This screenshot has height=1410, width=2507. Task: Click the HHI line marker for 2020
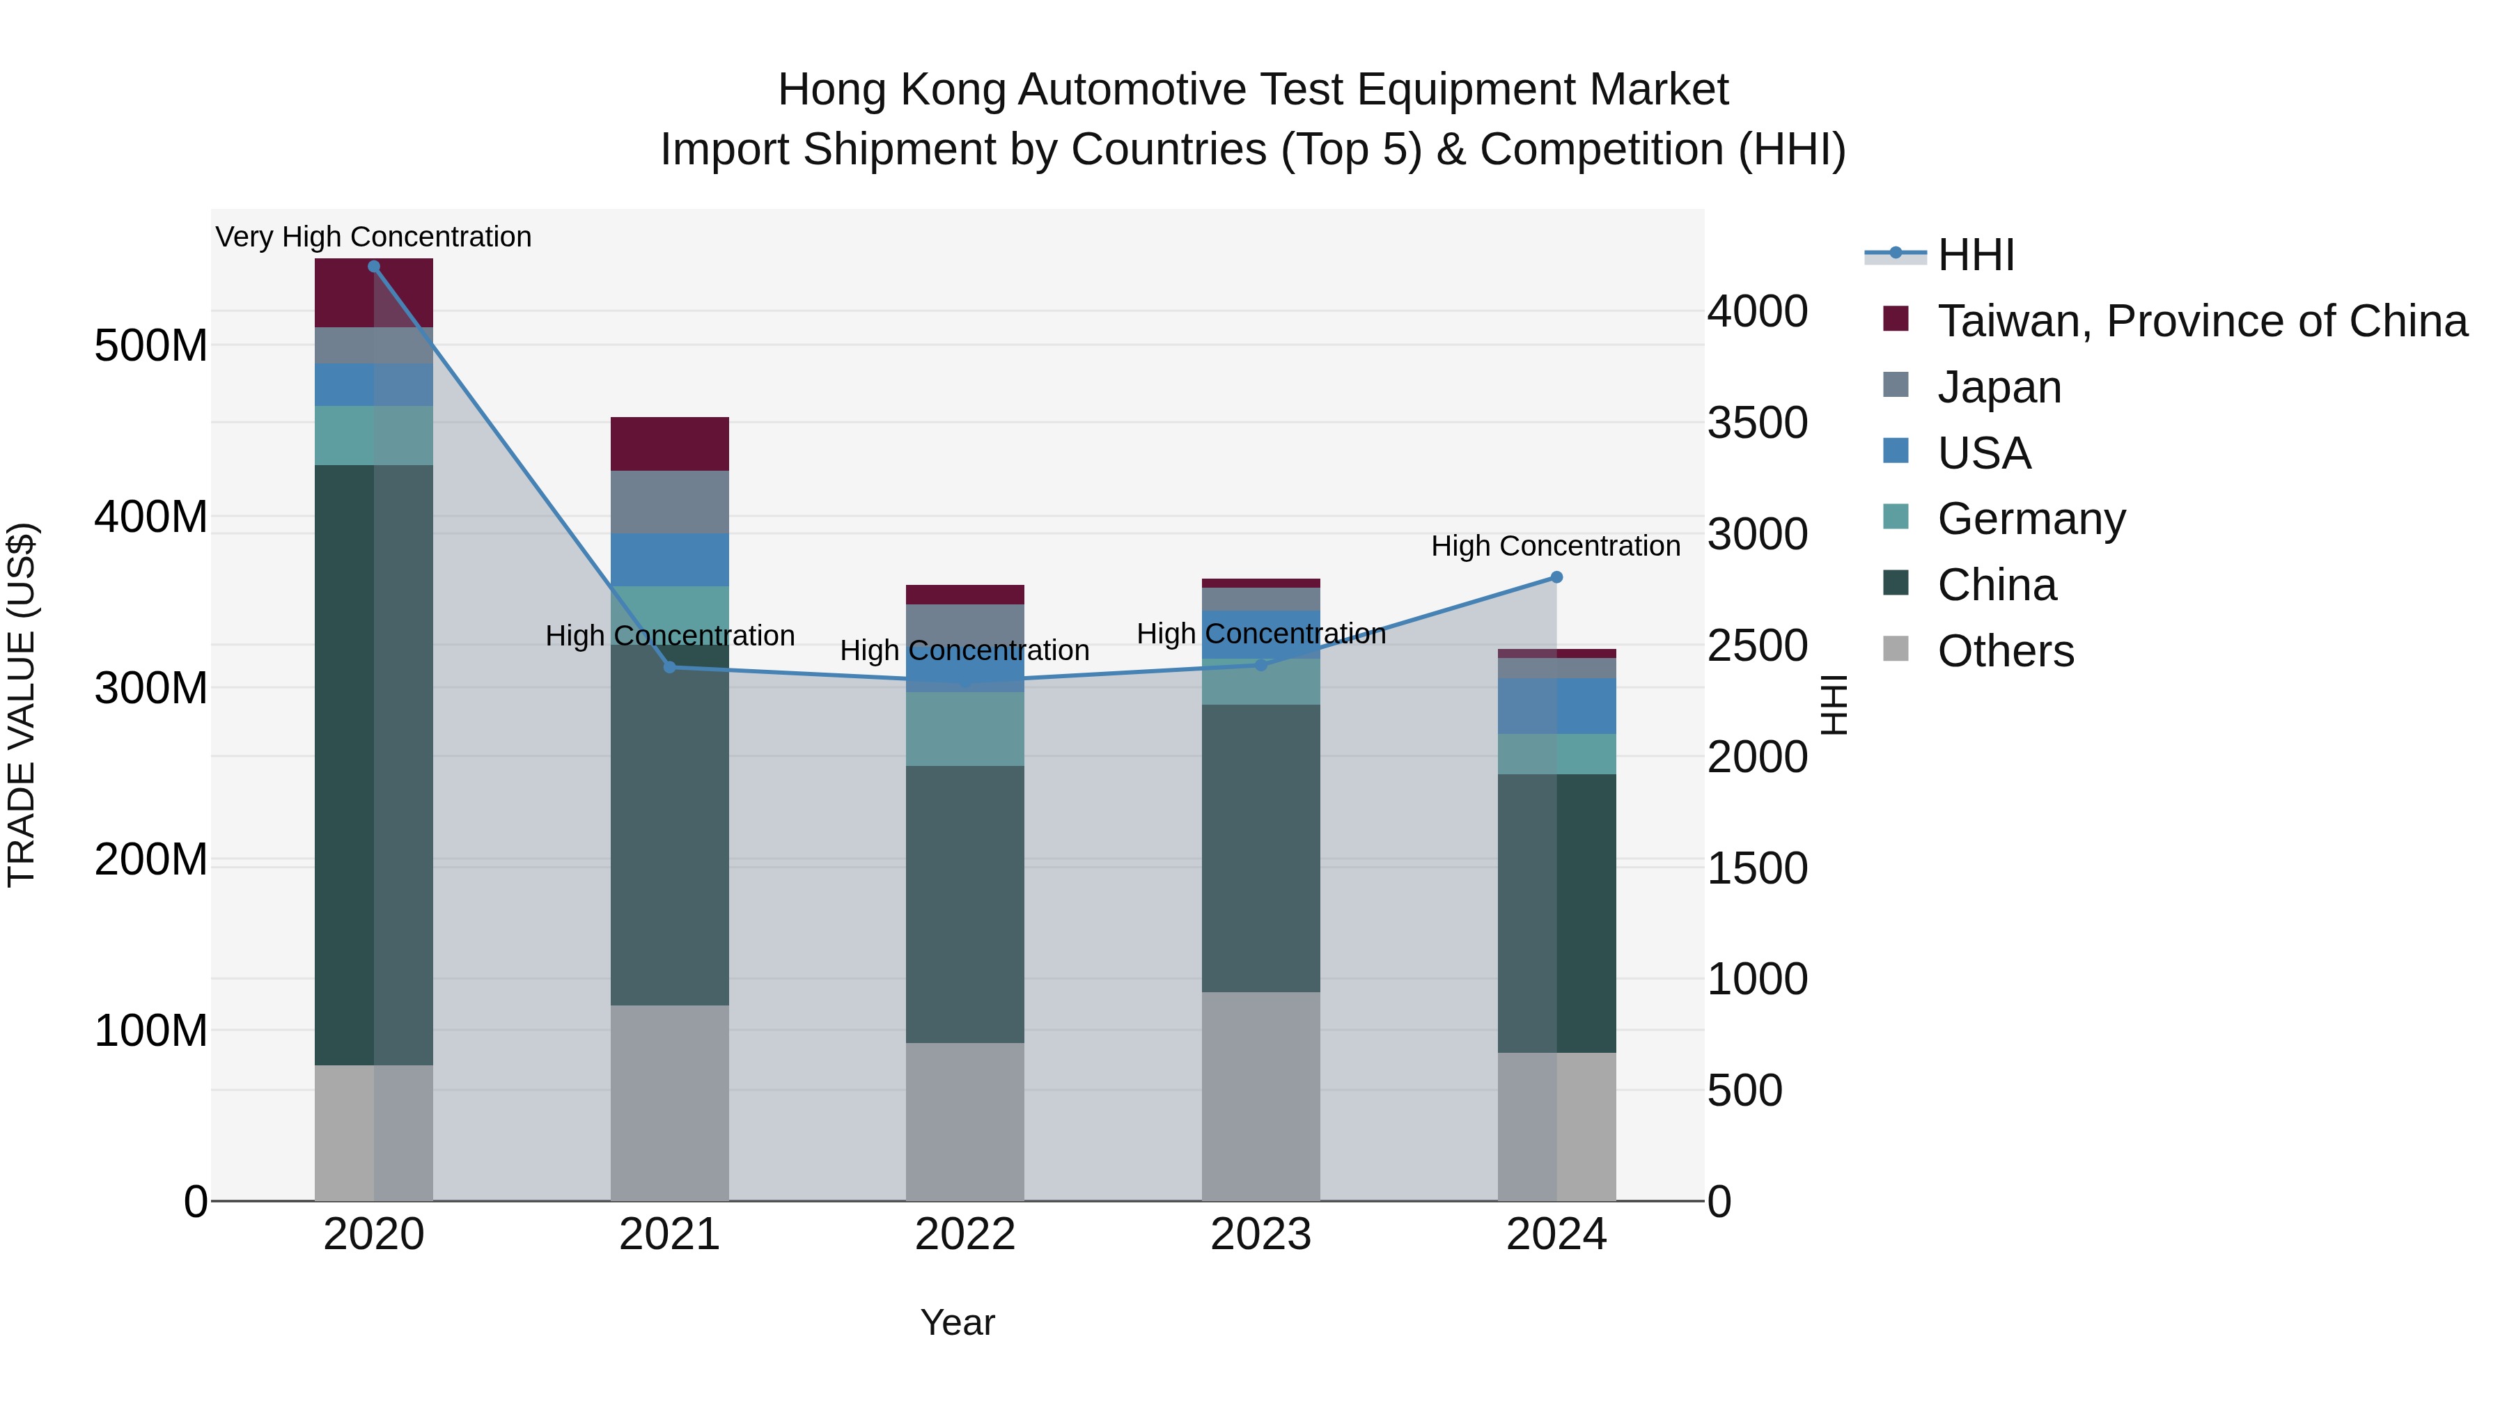[x=374, y=267]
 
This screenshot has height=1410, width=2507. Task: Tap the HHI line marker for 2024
[x=1556, y=577]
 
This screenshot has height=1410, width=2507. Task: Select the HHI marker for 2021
[x=669, y=666]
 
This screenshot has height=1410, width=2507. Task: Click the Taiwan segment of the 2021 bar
[x=669, y=444]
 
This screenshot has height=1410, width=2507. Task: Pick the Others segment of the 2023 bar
[x=1260, y=1096]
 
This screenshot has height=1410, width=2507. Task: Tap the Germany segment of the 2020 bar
[x=374, y=435]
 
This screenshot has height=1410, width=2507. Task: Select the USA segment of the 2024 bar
[x=1556, y=705]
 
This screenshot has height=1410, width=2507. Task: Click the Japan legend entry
[x=1998, y=387]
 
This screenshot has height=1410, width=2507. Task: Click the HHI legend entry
[x=1975, y=255]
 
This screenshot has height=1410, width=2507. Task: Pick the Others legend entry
[x=2005, y=651]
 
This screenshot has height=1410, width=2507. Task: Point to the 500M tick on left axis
[x=151, y=345]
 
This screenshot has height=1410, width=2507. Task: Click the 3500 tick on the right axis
[x=1758, y=423]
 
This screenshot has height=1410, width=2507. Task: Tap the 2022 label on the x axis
[x=964, y=1235]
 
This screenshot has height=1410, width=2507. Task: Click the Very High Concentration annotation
[x=374, y=237]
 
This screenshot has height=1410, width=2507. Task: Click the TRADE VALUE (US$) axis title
[x=22, y=705]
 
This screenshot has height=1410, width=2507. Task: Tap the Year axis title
[x=958, y=1322]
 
